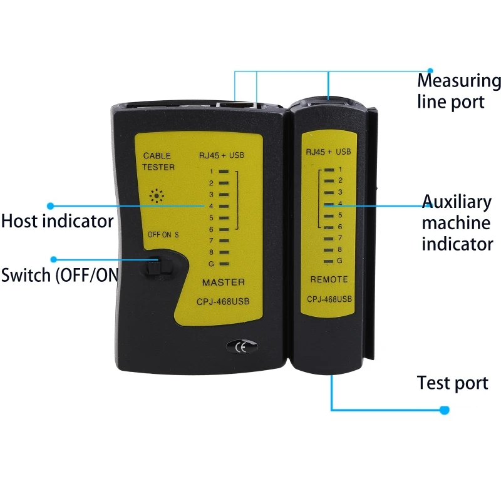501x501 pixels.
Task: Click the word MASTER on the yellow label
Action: click(223, 282)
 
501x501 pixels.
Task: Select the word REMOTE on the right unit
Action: click(329, 279)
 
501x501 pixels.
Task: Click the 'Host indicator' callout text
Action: click(57, 221)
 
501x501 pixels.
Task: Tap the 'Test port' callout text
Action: click(453, 383)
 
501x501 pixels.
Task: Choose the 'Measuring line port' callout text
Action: click(459, 91)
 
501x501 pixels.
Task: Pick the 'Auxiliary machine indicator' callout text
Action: click(457, 222)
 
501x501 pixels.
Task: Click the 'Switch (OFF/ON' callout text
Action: click(59, 275)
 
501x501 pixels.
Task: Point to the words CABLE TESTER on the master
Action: click(158, 162)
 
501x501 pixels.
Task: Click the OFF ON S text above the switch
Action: click(163, 235)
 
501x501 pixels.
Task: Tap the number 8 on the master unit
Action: click(212, 252)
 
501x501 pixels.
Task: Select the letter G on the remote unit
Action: click(339, 260)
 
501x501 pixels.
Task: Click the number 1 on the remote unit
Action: click(339, 169)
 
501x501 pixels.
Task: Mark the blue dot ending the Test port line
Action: click(445, 410)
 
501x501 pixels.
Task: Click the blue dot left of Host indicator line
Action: click(51, 205)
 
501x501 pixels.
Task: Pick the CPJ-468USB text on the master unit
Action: click(223, 301)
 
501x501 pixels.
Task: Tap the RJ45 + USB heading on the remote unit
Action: click(328, 152)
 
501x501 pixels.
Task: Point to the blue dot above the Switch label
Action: click(54, 259)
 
